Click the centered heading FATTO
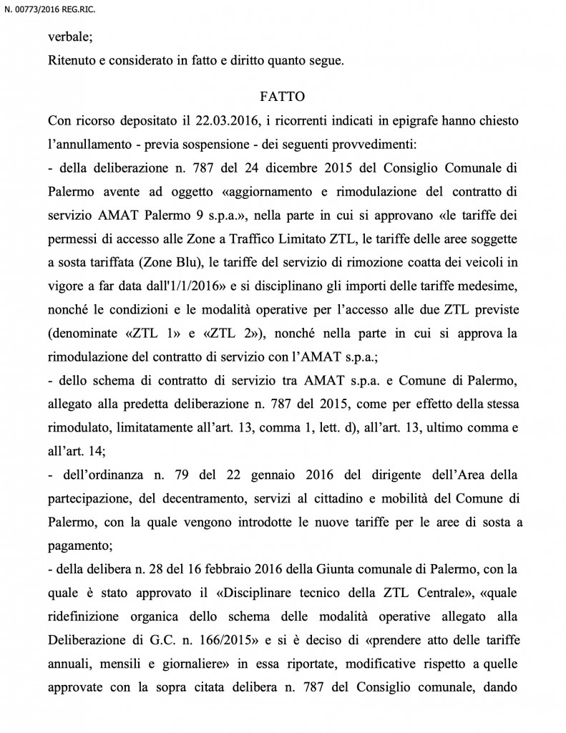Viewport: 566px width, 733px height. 283,94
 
